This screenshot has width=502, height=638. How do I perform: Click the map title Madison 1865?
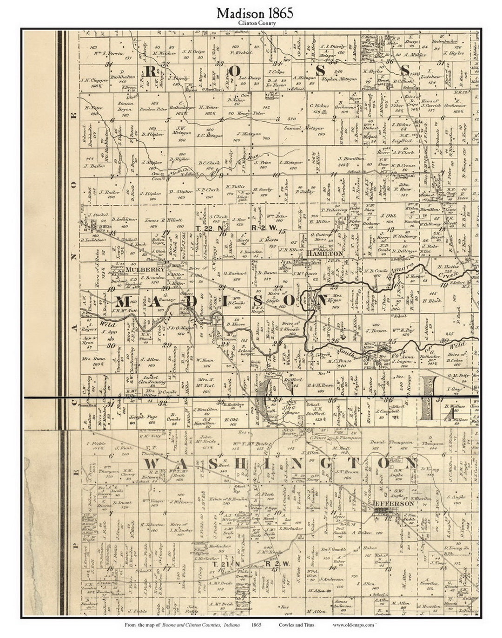point(255,13)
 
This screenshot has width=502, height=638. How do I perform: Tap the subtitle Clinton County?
point(255,23)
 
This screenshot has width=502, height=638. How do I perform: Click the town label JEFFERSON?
point(392,503)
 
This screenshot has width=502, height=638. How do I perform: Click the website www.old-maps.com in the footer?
point(353,625)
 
